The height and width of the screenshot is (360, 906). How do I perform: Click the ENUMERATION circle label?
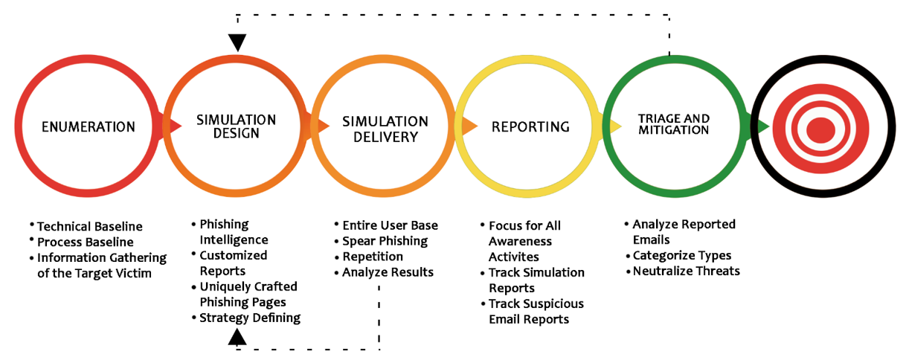point(89,127)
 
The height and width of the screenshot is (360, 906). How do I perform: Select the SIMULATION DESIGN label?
point(237,126)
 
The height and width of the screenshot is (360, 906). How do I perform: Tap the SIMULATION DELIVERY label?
point(385,129)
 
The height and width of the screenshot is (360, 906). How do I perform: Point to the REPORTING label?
point(530,127)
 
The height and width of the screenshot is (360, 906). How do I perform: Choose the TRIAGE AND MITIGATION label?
point(674,124)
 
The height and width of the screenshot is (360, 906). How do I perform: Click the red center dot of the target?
point(820,130)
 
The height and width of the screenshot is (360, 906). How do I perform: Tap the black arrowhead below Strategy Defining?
point(237,336)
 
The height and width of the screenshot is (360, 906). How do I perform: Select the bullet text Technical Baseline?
point(90,227)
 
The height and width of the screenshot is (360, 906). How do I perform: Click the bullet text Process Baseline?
point(86,242)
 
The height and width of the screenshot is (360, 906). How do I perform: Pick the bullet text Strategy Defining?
point(250,318)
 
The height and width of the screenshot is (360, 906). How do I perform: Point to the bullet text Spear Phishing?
point(385,241)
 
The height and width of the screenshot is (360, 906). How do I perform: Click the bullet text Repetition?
point(373,257)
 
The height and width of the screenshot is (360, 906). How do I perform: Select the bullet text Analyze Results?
point(388,272)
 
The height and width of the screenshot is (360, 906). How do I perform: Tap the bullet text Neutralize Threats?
point(687,271)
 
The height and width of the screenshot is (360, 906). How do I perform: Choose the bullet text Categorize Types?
point(682,256)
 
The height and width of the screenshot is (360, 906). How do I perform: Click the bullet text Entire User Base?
point(391,225)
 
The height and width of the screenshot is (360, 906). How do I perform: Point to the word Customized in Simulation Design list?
point(234,255)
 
